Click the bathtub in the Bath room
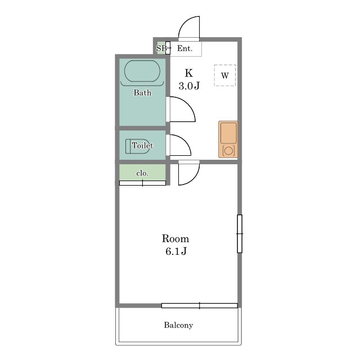pyautogui.click(x=142, y=71)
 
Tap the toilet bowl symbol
pyautogui.click(x=139, y=146)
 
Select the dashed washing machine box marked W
pyautogui.click(x=225, y=75)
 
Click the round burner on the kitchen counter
pyautogui.click(x=228, y=151)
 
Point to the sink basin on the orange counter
pyautogui.click(x=228, y=133)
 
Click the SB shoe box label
pyautogui.click(x=161, y=48)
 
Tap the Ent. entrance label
pyautogui.click(x=184, y=48)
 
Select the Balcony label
pyautogui.click(x=178, y=325)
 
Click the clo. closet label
pyautogui.click(x=142, y=173)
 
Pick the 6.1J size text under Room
pyautogui.click(x=176, y=251)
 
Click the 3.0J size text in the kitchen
pyautogui.click(x=189, y=86)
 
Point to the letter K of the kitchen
pyautogui.click(x=189, y=73)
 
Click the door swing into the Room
pyautogui.click(x=194, y=179)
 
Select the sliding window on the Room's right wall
pyautogui.click(x=240, y=234)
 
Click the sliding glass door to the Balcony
pyautogui.click(x=200, y=305)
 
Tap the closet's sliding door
pyautogui.click(x=142, y=183)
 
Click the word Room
pyautogui.click(x=175, y=238)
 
